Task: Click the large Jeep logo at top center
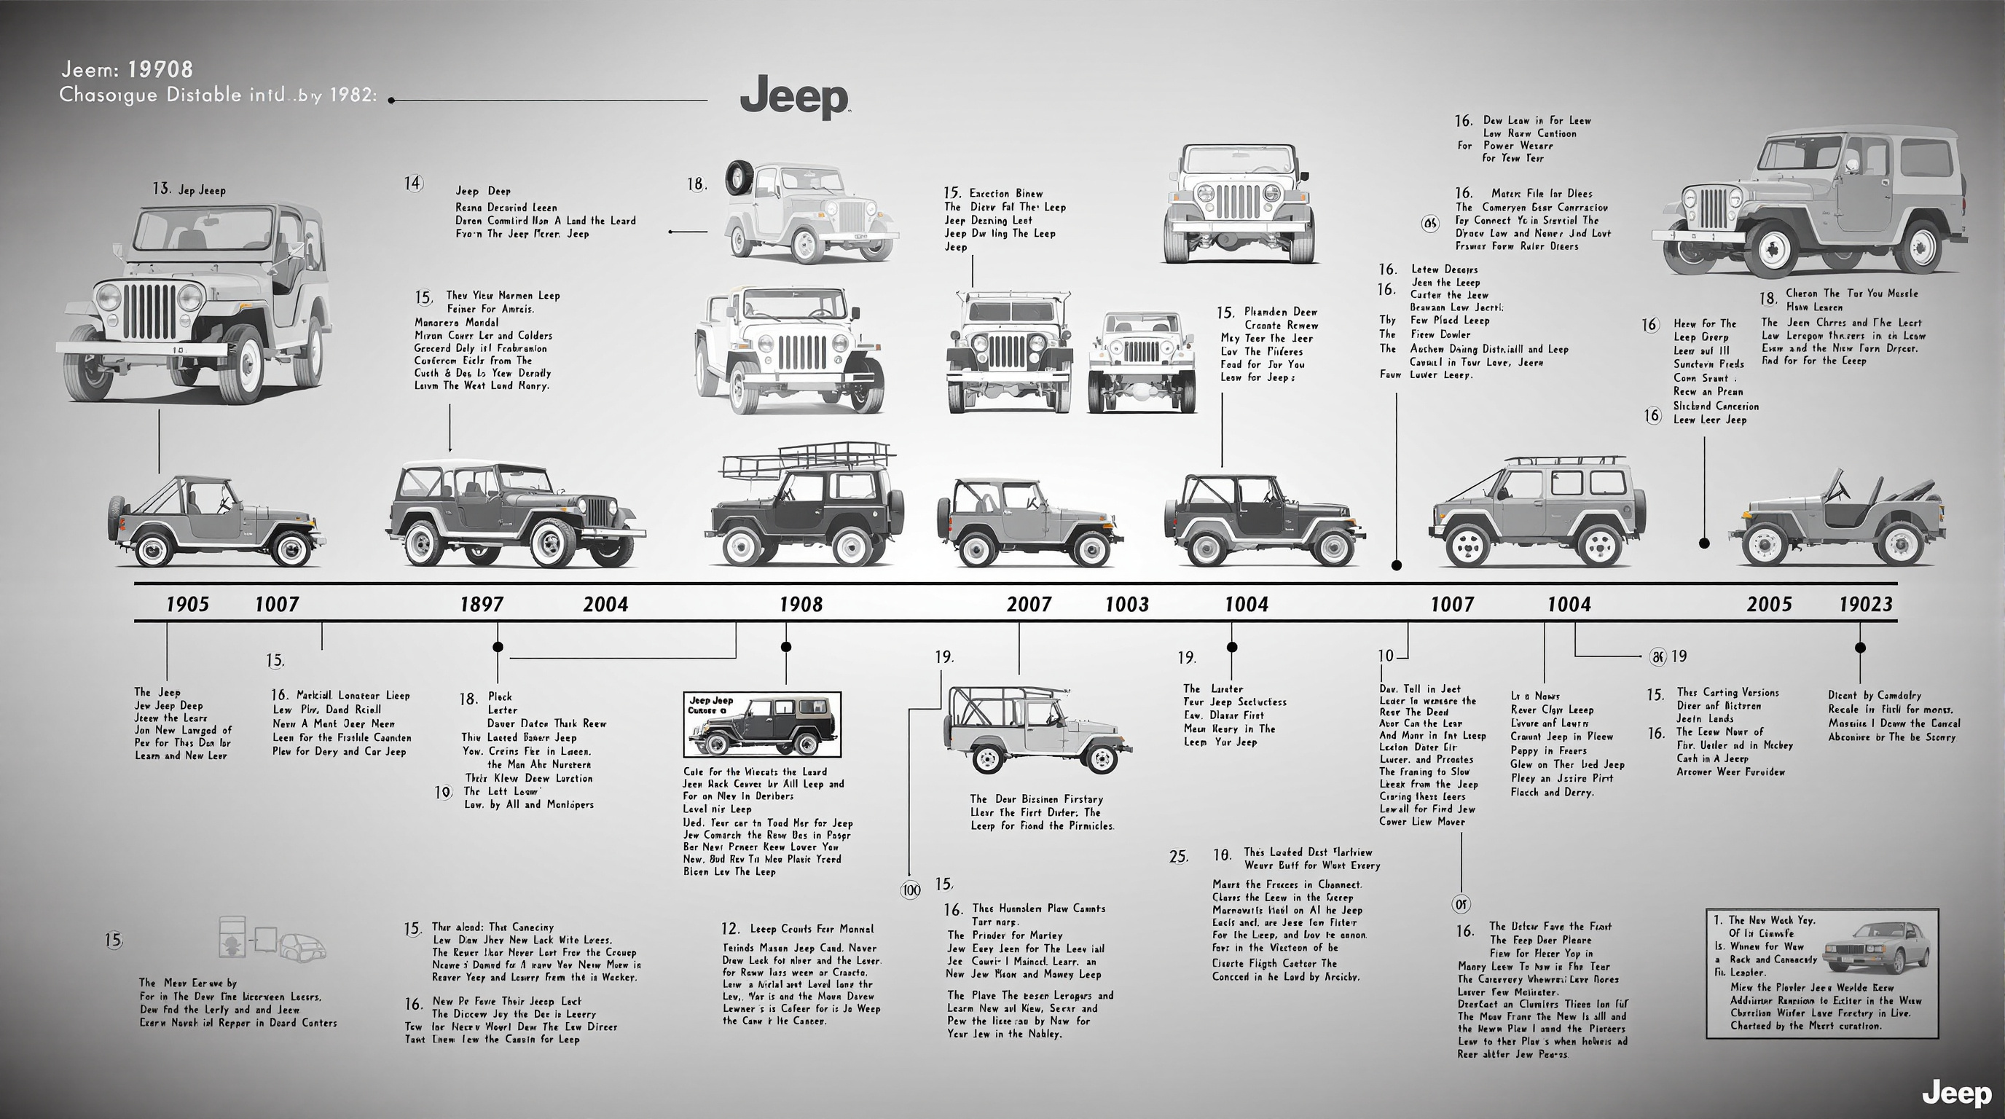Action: tap(794, 98)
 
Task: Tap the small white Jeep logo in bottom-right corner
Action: tap(1956, 1094)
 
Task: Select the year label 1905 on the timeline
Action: tap(187, 605)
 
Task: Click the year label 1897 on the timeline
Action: tap(481, 605)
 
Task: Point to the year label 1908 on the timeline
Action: tap(801, 605)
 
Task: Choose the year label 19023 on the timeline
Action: tap(1865, 605)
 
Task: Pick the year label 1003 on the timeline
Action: tap(1126, 605)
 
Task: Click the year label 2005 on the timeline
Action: tap(1768, 605)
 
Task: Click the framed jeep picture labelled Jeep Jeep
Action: tap(762, 723)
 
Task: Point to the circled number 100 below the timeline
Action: tap(910, 890)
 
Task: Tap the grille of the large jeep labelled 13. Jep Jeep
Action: tap(149, 310)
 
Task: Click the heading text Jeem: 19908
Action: tap(127, 69)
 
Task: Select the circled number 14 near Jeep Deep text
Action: tap(412, 184)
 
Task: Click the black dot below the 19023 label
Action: tap(1859, 648)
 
